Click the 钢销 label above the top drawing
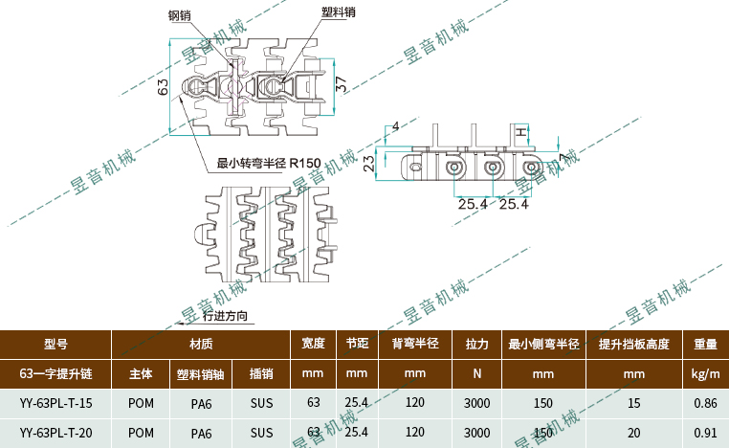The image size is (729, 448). [x=181, y=15]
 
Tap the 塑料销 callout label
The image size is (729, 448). [x=340, y=12]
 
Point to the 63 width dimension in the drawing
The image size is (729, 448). [x=163, y=87]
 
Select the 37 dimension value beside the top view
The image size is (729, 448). [x=342, y=85]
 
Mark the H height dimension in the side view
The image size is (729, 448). [x=521, y=131]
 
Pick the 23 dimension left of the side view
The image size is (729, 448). [x=368, y=164]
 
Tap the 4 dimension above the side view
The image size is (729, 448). [x=396, y=126]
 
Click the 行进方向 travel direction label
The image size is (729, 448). [x=226, y=316]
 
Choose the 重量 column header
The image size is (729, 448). [x=706, y=343]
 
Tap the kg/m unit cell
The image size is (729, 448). [x=706, y=372]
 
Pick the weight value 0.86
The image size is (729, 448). [x=706, y=402]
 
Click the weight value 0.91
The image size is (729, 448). [x=706, y=433]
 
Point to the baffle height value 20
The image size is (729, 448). [x=633, y=433]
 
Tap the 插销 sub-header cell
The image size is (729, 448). [x=261, y=372]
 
